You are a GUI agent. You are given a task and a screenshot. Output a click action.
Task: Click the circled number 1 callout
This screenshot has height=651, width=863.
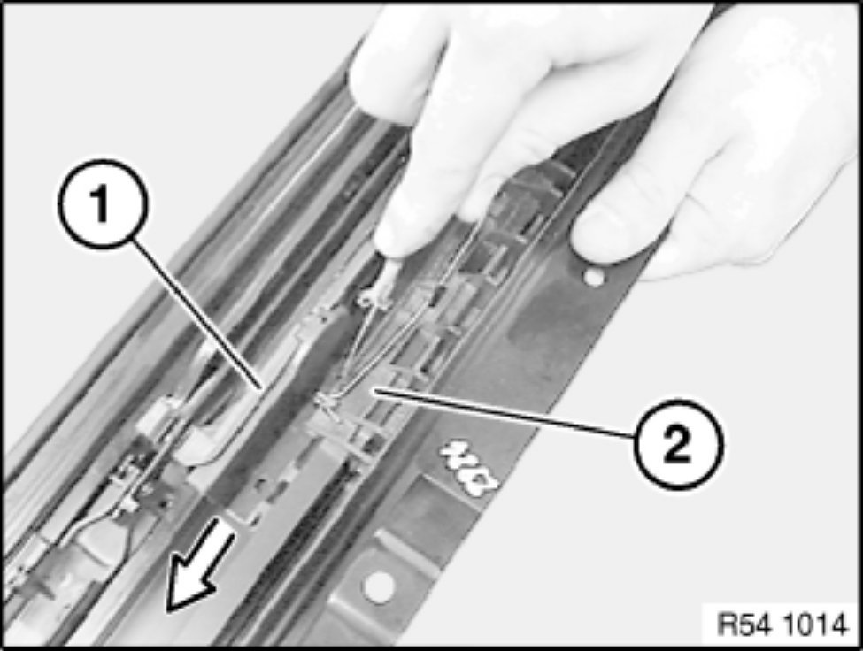pyautogui.click(x=102, y=204)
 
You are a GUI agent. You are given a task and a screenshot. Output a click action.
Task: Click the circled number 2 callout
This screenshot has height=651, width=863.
pyautogui.click(x=677, y=443)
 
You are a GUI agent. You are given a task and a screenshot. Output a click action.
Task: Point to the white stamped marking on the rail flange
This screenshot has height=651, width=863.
pyautogui.click(x=469, y=466)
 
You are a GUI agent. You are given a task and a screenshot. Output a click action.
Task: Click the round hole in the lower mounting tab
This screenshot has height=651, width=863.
pyautogui.click(x=379, y=585)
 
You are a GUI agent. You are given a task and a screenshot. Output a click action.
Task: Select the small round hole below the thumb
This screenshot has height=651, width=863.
pyautogui.click(x=593, y=277)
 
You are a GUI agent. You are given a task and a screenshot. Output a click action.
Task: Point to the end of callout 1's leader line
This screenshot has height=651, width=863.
pyautogui.click(x=258, y=387)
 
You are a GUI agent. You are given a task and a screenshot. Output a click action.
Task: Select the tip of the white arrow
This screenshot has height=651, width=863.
pyautogui.click(x=168, y=610)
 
